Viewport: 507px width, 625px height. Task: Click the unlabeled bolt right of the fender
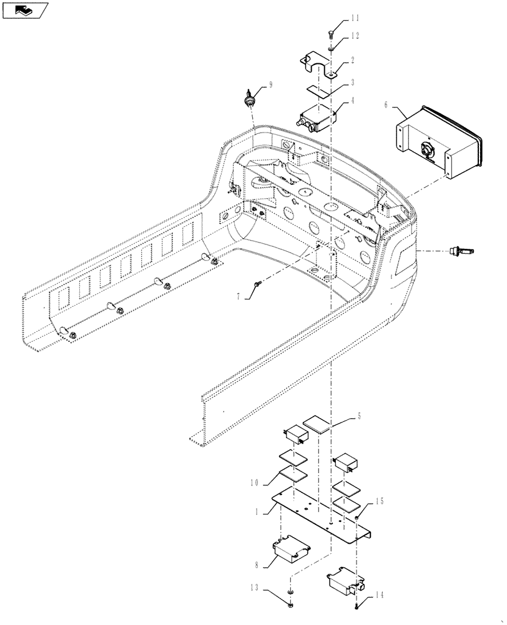(x=461, y=251)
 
